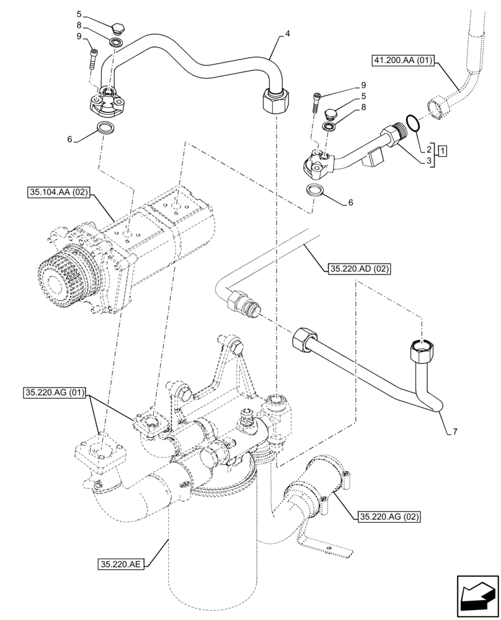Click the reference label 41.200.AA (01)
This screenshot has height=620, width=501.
[x=404, y=61]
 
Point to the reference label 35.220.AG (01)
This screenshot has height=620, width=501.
[x=55, y=392]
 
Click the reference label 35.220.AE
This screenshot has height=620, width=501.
[x=121, y=564]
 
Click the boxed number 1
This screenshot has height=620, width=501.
[x=442, y=149]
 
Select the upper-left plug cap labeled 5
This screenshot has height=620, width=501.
[x=118, y=27]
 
